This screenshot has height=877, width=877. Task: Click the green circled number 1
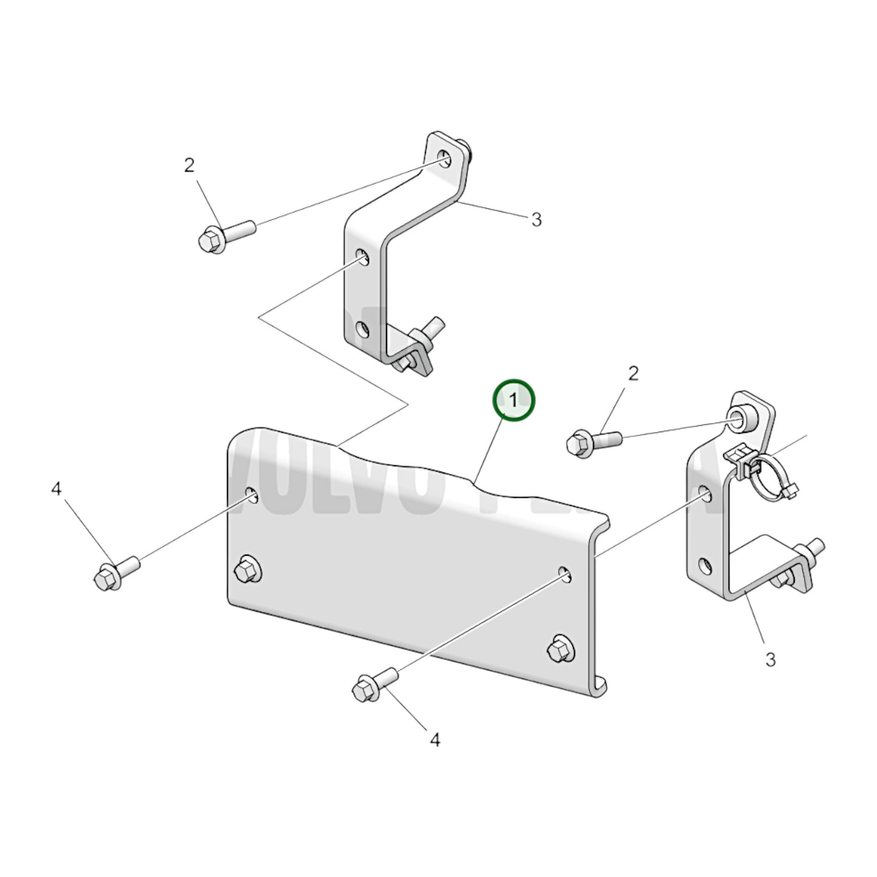click(514, 401)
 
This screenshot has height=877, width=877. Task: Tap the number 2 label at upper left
click(189, 165)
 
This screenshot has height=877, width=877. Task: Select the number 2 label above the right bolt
click(633, 373)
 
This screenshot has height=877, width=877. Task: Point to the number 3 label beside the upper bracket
click(536, 220)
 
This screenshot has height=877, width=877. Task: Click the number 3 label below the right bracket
click(770, 659)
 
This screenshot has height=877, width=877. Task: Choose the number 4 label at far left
click(56, 489)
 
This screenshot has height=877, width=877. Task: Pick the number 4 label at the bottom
click(435, 740)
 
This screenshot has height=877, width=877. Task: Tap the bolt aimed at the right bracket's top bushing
click(592, 440)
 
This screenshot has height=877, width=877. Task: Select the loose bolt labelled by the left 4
click(117, 572)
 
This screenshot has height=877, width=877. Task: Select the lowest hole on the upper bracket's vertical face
click(362, 331)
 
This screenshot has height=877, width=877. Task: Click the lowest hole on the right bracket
click(705, 566)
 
